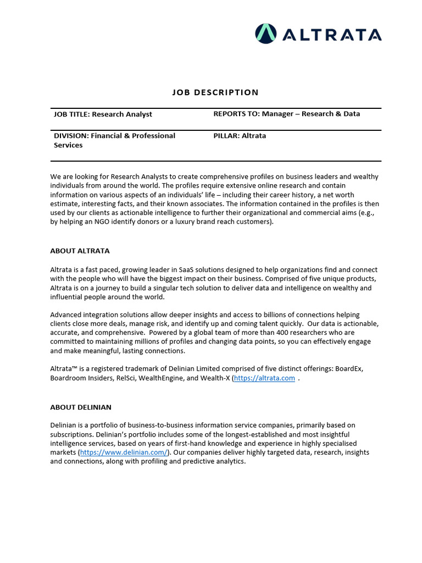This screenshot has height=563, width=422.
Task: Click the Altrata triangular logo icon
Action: click(266, 34)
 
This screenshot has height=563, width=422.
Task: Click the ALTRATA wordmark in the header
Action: click(332, 35)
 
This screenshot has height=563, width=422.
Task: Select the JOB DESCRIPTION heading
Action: click(215, 92)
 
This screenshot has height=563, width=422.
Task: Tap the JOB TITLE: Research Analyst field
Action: click(103, 114)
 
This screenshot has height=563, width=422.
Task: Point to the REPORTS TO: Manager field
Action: click(286, 114)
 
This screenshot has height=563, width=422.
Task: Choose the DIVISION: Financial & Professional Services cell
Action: click(114, 140)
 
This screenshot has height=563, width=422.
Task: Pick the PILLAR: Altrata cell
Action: click(240, 136)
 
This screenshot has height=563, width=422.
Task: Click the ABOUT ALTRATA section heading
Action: click(80, 251)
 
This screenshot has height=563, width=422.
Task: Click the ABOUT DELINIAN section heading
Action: click(81, 407)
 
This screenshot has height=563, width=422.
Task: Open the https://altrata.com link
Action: click(264, 378)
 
